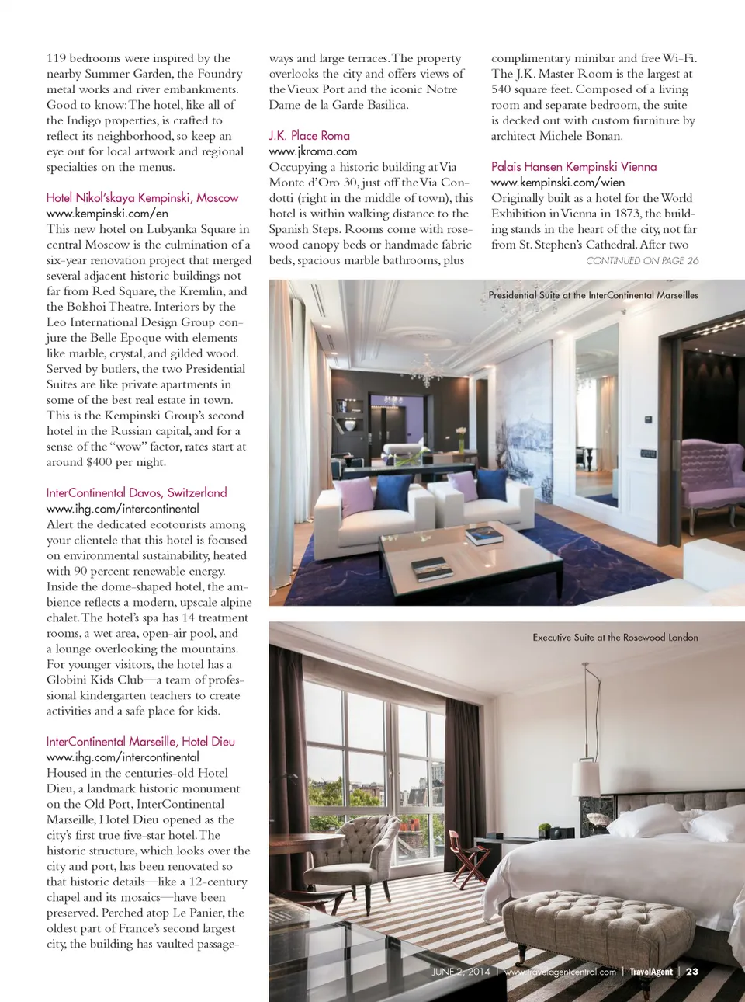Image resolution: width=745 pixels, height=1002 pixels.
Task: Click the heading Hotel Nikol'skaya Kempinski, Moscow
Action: click(x=142, y=198)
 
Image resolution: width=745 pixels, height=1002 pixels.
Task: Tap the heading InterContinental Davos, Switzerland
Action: click(x=137, y=493)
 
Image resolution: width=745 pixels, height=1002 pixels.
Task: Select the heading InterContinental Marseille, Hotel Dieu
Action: click(x=140, y=742)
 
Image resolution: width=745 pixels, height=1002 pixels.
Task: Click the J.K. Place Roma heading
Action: click(x=309, y=136)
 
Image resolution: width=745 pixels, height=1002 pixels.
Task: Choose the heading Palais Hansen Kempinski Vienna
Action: click(x=573, y=167)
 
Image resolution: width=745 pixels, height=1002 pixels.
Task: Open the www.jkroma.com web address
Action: click(x=313, y=151)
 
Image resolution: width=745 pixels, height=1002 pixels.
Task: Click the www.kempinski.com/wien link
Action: click(x=557, y=183)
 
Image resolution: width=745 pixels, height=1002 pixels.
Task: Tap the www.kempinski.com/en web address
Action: click(x=107, y=214)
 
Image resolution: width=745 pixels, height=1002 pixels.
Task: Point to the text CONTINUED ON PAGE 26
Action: click(x=642, y=261)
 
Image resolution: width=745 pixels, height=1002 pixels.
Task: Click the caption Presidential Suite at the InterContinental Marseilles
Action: click(x=593, y=295)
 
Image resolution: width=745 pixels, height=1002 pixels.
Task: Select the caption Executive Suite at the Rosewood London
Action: click(x=615, y=638)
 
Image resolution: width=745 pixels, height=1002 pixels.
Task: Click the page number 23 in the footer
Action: click(x=692, y=972)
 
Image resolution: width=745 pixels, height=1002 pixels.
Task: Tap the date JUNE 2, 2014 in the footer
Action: click(x=461, y=972)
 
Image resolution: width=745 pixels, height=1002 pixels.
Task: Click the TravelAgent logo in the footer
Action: click(x=650, y=972)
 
